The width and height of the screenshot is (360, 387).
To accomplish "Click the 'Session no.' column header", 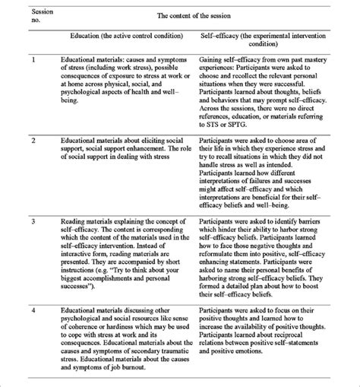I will coord(24,14).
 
